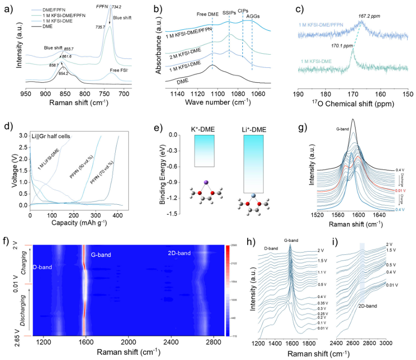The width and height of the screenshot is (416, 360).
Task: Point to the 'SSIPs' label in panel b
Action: (229, 11)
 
